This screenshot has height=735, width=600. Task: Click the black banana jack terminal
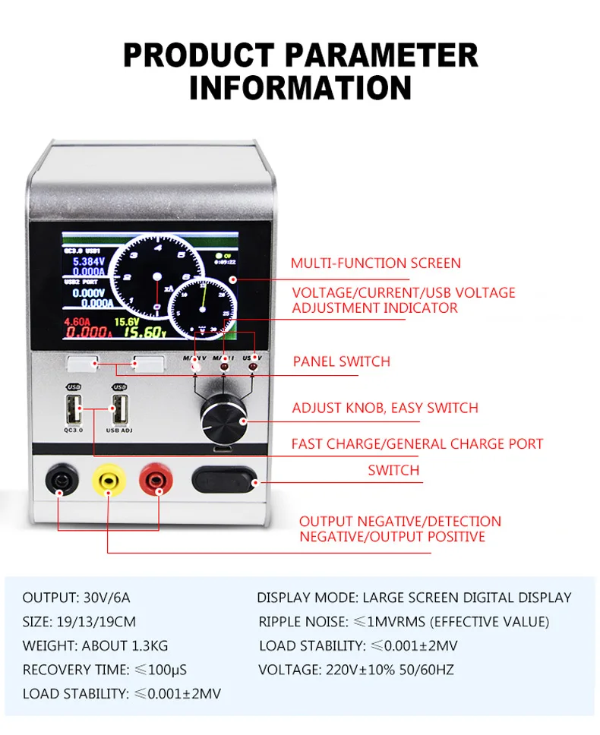point(60,480)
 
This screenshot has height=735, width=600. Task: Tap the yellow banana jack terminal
point(107,480)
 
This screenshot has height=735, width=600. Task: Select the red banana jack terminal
point(156,480)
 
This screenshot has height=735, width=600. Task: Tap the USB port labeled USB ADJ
point(119,411)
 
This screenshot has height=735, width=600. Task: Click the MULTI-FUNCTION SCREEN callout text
point(375,263)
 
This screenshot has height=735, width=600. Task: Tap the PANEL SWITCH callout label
point(341,361)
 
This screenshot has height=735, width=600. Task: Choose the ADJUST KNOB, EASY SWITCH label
point(385,408)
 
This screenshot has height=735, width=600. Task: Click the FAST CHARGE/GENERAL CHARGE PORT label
point(417,443)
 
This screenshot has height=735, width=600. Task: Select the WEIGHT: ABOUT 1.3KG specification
point(95,646)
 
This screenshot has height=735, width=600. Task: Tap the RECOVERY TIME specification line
point(104,670)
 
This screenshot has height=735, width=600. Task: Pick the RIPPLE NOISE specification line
point(403,622)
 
